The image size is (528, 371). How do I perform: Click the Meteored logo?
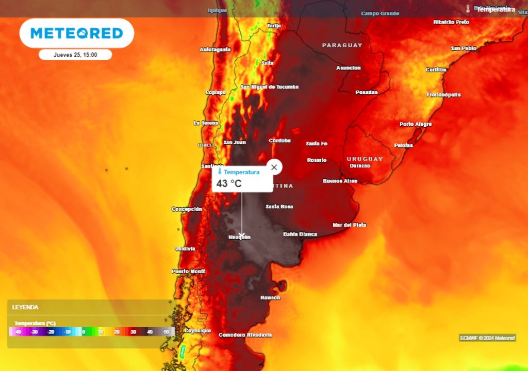coord(77,33)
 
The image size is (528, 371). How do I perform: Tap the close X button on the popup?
coord(274,167)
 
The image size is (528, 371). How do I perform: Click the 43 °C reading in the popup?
coord(229,183)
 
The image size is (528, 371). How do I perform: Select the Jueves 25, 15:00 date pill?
coord(75,55)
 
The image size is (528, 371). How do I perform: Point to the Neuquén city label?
coord(239,237)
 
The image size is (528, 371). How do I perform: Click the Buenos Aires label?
coord(340,181)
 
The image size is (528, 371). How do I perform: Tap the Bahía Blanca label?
coord(300,234)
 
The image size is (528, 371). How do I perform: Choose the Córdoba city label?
coord(279,141)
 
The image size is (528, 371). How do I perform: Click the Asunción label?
coord(349,68)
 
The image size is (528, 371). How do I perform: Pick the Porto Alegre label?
coord(416,124)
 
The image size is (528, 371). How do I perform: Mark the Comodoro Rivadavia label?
coord(245,335)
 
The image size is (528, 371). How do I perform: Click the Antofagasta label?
coord(215,49)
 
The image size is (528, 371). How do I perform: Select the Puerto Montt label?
coord(188,271)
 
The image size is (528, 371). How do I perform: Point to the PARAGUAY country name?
coord(342,45)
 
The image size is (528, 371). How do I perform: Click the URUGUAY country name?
coord(365,159)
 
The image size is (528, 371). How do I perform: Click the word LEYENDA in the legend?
coord(25,307)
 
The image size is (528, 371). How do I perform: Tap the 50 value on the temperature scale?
coord(166,332)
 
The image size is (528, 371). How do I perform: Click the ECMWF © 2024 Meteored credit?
coord(487,338)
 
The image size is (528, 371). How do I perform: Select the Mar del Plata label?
coord(350,225)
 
